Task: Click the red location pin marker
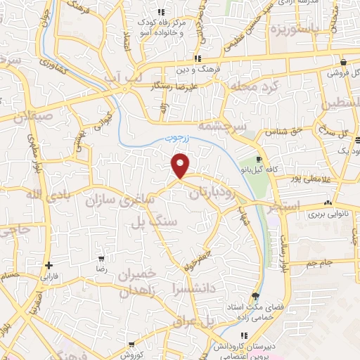pyautogui.click(x=181, y=165)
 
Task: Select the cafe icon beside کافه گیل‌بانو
pyautogui.click(x=259, y=159)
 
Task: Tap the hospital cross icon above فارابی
pyautogui.click(x=48, y=265)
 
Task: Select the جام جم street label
pyautogui.click(x=321, y=263)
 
